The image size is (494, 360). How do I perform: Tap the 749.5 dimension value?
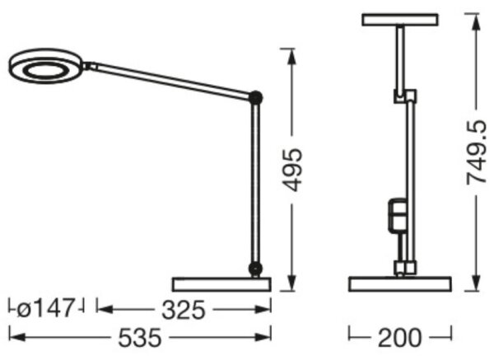477,152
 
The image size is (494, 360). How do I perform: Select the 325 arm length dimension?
184,310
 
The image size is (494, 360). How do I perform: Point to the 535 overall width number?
140,338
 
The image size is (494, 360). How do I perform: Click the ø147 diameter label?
45,308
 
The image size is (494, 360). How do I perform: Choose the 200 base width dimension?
399,338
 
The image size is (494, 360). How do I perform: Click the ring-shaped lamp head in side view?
45,66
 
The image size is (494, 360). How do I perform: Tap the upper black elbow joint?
255,97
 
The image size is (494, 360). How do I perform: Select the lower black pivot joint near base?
255,269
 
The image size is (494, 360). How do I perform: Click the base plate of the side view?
221,284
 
